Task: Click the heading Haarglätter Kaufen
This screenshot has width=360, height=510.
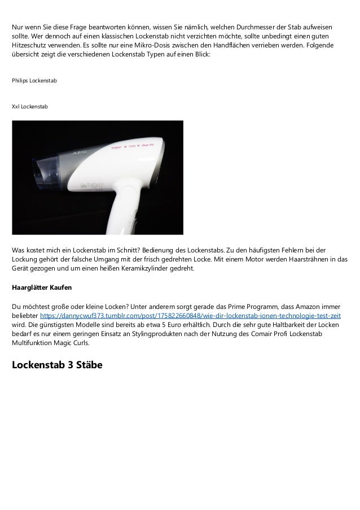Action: tap(42, 287)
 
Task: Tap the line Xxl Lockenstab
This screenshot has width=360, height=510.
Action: tap(30, 106)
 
